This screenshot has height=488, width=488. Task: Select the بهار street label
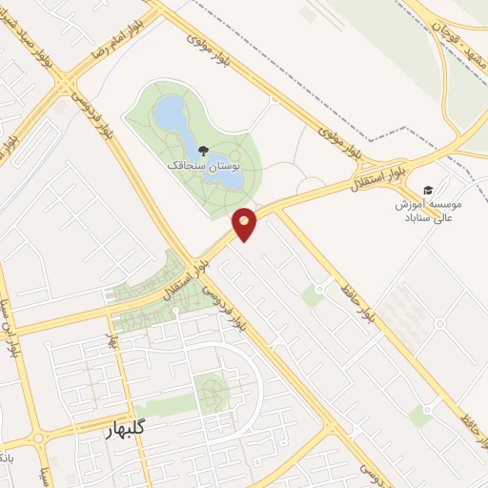point(112,336)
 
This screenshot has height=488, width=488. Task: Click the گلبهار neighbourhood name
point(125,428)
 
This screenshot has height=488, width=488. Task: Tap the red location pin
point(245,222)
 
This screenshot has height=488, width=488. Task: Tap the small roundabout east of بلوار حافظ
point(440,323)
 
